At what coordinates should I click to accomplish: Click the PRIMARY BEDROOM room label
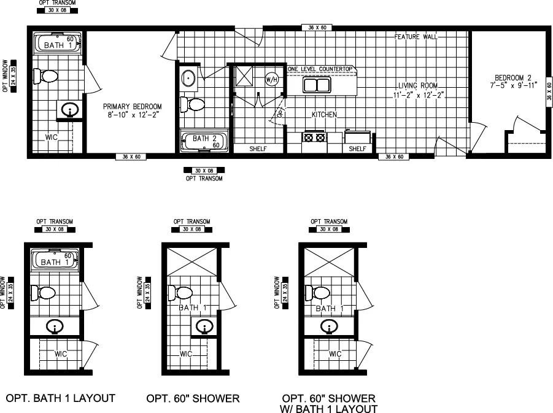[132, 106]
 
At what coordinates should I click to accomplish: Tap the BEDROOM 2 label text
[513, 77]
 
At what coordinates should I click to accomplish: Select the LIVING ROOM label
[418, 85]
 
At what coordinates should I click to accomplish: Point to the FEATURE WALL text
[416, 37]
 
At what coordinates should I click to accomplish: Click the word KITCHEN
[325, 115]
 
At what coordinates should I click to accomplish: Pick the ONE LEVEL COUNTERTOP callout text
[322, 69]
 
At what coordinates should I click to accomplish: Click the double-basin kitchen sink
[319, 85]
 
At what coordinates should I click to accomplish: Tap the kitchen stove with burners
[314, 138]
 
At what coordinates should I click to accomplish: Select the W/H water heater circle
[272, 79]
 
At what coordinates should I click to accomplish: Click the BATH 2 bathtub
[203, 142]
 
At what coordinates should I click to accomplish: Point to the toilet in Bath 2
[194, 104]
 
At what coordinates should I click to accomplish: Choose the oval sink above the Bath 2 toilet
[188, 79]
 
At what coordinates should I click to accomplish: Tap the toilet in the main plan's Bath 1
[45, 77]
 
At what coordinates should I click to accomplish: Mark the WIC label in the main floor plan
[52, 137]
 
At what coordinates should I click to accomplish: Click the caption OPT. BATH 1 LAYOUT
[60, 398]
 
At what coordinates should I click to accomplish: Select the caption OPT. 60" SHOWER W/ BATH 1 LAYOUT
[330, 403]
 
